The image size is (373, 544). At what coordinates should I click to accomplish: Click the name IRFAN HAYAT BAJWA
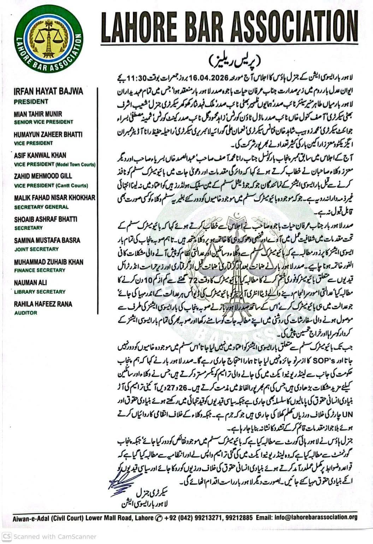[x=48, y=91]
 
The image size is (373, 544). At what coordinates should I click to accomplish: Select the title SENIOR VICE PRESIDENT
[x=43, y=122]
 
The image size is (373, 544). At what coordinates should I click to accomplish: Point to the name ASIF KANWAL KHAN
[x=40, y=155]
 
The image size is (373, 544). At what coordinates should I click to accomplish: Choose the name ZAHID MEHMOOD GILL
[x=43, y=176]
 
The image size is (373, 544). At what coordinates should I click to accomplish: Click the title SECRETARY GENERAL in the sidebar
[x=41, y=207]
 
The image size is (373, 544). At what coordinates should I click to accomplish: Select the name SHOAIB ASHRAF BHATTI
[x=46, y=219]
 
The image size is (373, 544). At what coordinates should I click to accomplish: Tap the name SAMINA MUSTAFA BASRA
[x=47, y=240]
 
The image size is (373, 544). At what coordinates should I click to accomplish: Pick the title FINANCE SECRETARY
[x=40, y=270]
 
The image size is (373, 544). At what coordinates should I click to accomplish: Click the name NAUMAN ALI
[x=30, y=283]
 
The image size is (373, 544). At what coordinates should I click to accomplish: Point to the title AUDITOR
[x=25, y=313]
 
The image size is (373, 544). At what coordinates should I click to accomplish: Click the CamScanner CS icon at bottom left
[x=7, y=536]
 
